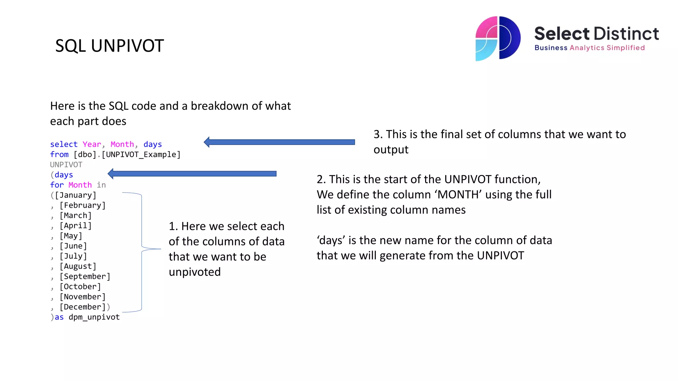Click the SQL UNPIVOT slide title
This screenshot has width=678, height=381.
point(109,46)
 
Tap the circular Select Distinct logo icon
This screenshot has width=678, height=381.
point(498,38)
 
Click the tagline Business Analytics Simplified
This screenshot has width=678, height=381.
point(589,48)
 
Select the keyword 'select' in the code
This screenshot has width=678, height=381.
point(64,145)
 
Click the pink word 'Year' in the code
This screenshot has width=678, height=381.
point(92,145)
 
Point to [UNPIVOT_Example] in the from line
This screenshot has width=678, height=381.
point(141,155)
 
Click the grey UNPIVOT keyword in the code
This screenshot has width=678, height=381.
point(66,165)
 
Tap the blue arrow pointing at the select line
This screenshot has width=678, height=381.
point(279,142)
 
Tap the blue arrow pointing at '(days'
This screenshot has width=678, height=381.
point(192,174)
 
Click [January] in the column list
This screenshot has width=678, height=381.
point(75,195)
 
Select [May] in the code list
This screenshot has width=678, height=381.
point(71,236)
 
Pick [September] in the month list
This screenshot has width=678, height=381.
point(85,276)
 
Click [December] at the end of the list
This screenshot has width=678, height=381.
point(82,307)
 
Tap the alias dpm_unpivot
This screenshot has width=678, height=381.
point(94,317)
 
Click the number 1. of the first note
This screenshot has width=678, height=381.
point(173,226)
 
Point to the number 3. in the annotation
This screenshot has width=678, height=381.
point(378,134)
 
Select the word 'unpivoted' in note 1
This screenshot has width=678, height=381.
point(195,272)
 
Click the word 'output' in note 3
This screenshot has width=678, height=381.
point(391,150)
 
